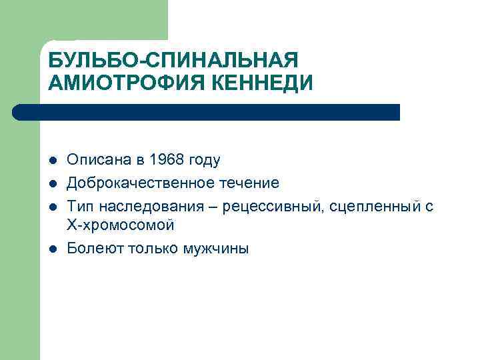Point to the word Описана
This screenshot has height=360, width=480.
(x=95, y=161)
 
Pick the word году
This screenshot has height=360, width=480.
(x=203, y=161)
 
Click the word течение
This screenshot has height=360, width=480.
(x=247, y=183)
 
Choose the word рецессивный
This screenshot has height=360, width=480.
(x=279, y=206)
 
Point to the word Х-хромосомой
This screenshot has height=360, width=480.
(x=121, y=225)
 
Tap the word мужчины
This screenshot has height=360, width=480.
(x=216, y=249)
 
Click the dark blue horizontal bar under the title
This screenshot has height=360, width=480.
(x=207, y=112)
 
